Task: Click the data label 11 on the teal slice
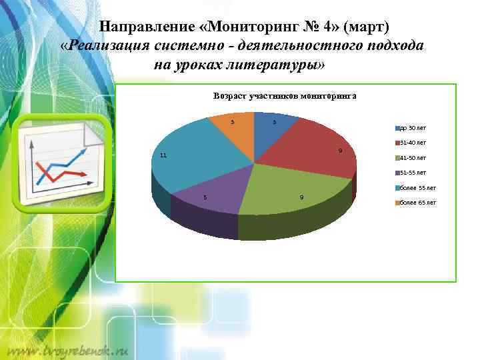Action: pyautogui.click(x=163, y=155)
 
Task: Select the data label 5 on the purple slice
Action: pyautogui.click(x=205, y=197)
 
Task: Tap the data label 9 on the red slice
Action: pyautogui.click(x=340, y=151)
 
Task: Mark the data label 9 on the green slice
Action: pyautogui.click(x=302, y=197)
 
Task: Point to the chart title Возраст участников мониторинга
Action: pyautogui.click(x=285, y=96)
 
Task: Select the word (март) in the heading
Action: pyautogui.click(x=366, y=27)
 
